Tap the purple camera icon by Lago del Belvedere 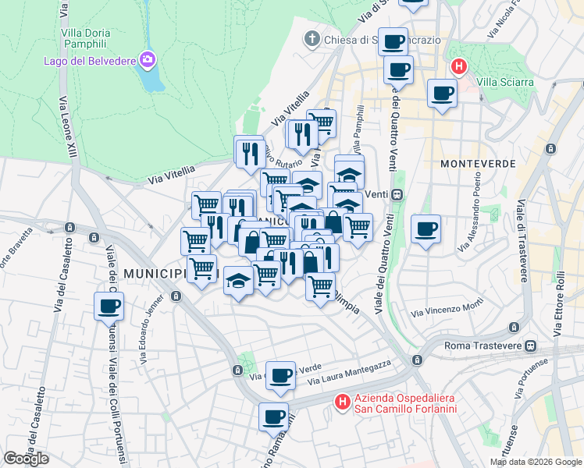(x=147, y=59)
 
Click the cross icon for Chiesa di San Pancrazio (x=312, y=39)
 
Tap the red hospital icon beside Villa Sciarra (x=459, y=67)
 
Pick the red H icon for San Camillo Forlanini (x=342, y=402)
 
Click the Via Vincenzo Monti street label (x=442, y=310)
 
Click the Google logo (x=26, y=459)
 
